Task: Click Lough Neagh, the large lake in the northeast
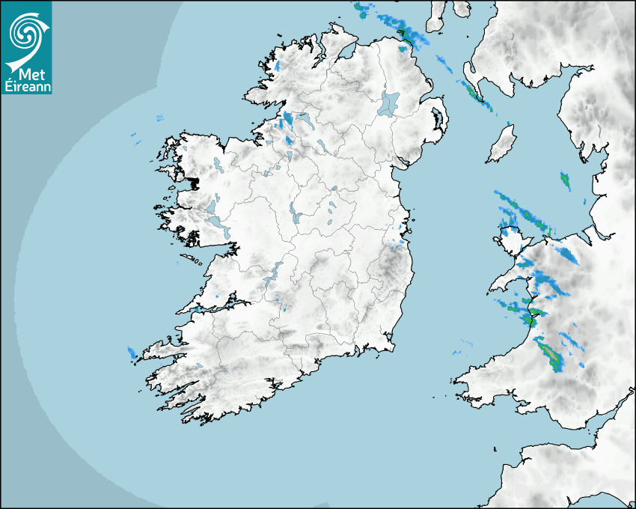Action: [x=389, y=103]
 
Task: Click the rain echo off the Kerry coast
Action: [x=132, y=353]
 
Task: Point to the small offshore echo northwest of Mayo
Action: [x=159, y=118]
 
